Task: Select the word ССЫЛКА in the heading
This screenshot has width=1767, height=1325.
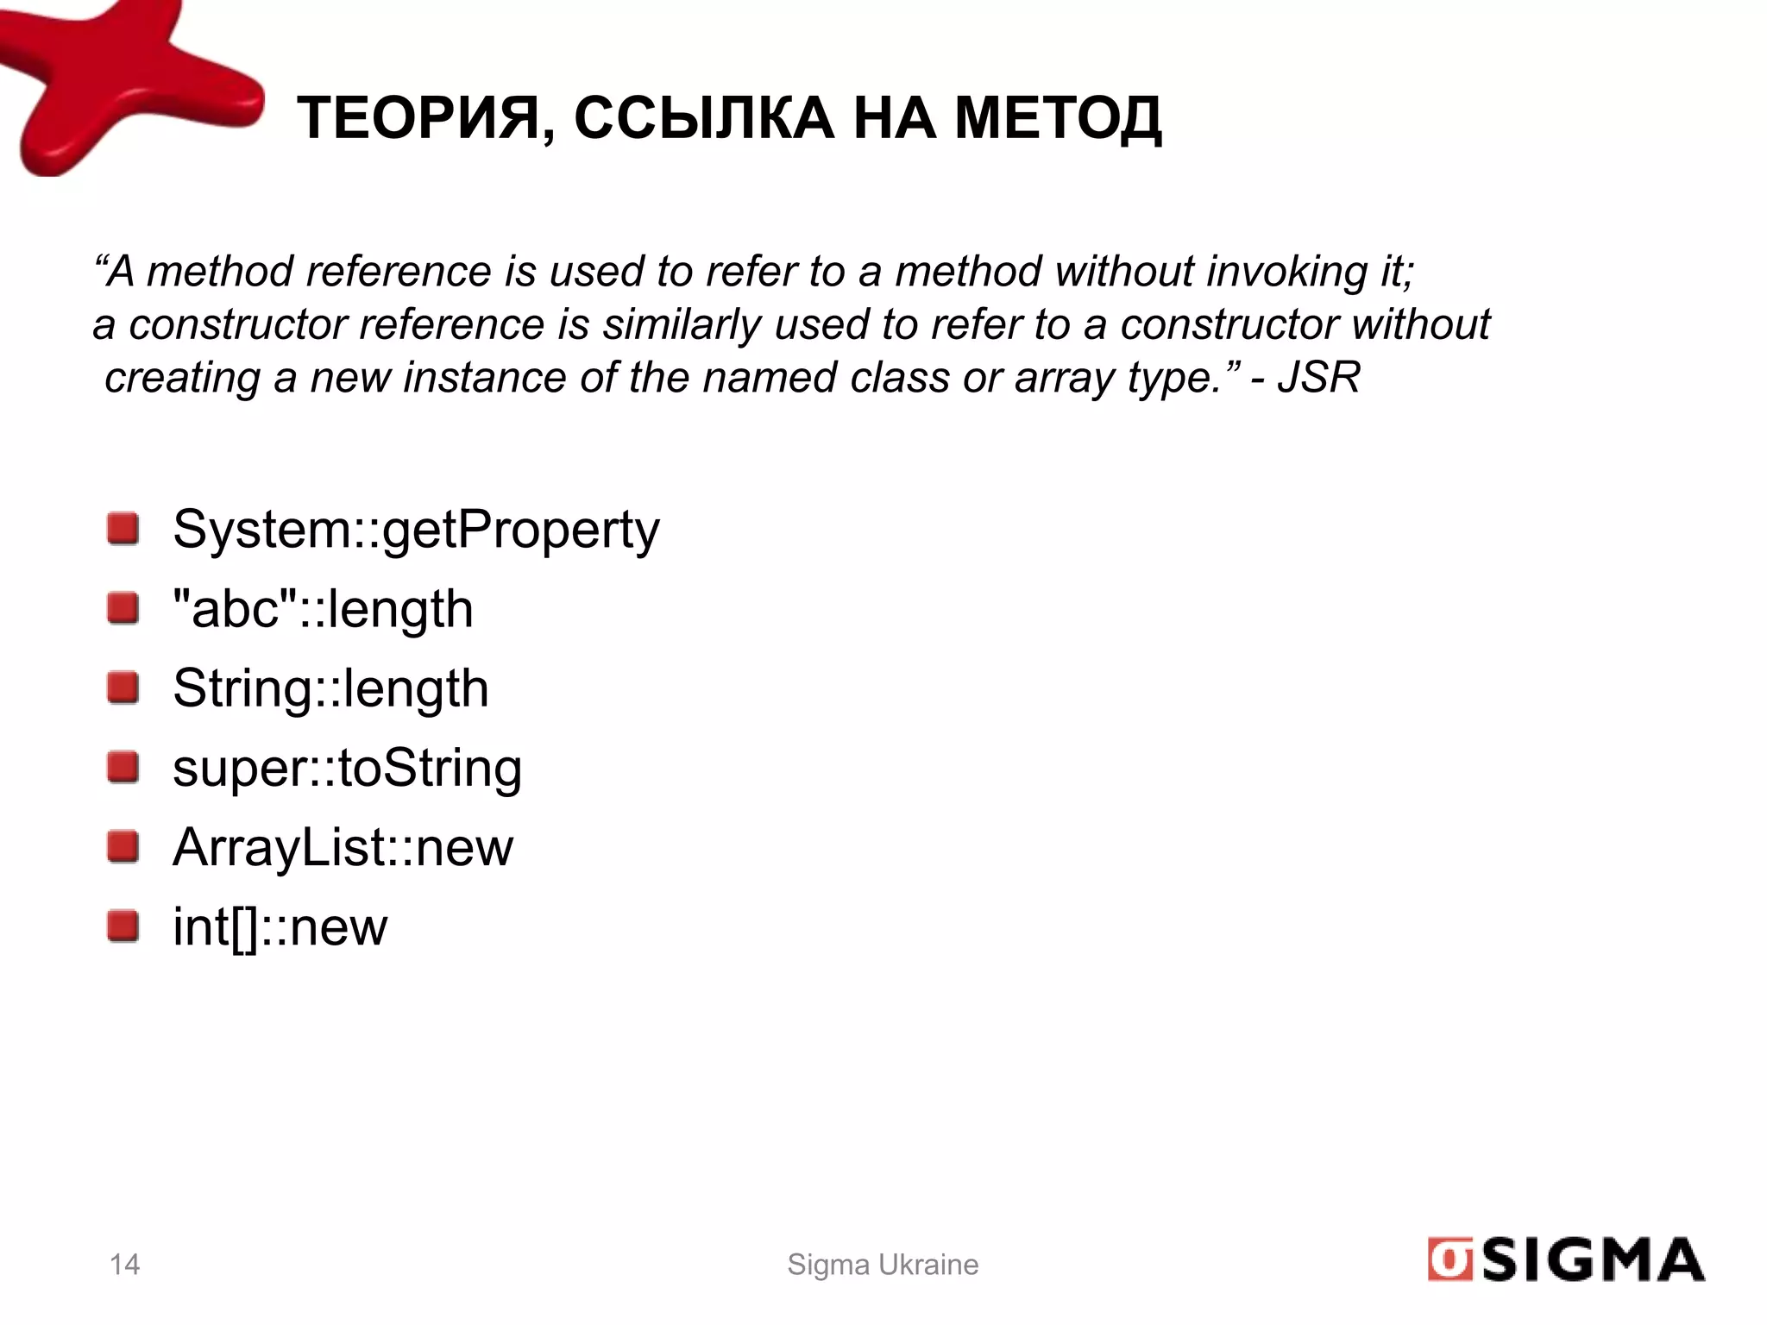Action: coord(703,118)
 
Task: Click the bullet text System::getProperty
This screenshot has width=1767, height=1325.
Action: coord(416,529)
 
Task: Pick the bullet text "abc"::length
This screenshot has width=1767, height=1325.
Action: coord(323,609)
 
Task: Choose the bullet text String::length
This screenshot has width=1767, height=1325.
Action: coord(330,688)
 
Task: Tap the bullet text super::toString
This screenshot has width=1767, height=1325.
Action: coord(347,768)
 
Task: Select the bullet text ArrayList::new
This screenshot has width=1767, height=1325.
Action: coord(343,847)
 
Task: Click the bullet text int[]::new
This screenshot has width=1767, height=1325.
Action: coord(280,927)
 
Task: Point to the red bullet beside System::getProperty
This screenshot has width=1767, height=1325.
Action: coord(123,528)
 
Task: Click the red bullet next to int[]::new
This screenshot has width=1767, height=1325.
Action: coord(123,926)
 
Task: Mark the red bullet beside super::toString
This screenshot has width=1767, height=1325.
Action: coord(123,767)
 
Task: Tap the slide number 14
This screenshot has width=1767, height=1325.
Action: coord(125,1265)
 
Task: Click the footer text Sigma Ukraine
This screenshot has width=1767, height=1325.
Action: coord(883,1265)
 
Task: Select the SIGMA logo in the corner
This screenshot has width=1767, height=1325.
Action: coord(1565,1260)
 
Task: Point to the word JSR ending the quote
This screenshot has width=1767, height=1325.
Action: coord(1318,378)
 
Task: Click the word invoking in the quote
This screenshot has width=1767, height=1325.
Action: coord(1286,272)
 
